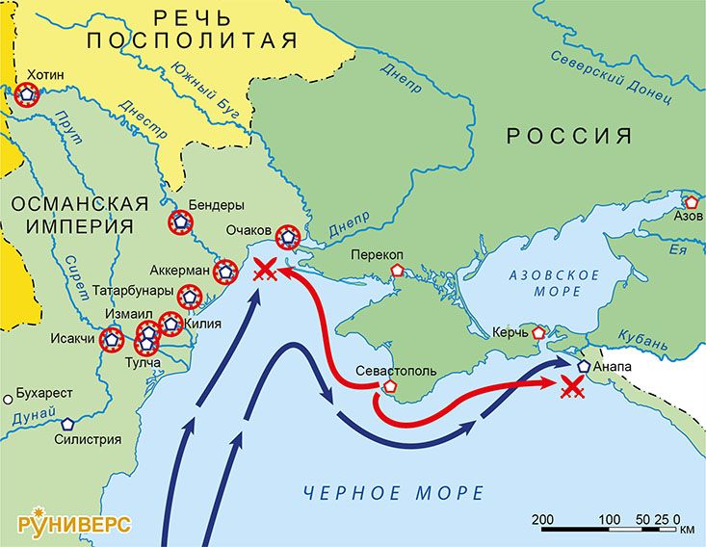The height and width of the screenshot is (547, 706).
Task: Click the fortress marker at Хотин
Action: [26, 93]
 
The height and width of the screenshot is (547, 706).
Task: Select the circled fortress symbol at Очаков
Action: [287, 236]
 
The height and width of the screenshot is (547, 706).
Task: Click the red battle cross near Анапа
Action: [572, 387]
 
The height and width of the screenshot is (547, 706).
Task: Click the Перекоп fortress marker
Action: [396, 272]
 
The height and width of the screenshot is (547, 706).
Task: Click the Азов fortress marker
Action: [692, 202]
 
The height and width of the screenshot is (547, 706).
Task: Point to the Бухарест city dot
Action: [9, 397]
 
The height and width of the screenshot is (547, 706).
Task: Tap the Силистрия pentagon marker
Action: [68, 423]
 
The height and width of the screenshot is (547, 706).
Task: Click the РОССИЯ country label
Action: [570, 136]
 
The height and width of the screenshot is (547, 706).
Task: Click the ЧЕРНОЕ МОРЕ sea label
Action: [393, 493]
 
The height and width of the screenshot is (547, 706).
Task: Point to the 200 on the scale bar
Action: [542, 520]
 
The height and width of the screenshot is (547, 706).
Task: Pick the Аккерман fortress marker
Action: [225, 272]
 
